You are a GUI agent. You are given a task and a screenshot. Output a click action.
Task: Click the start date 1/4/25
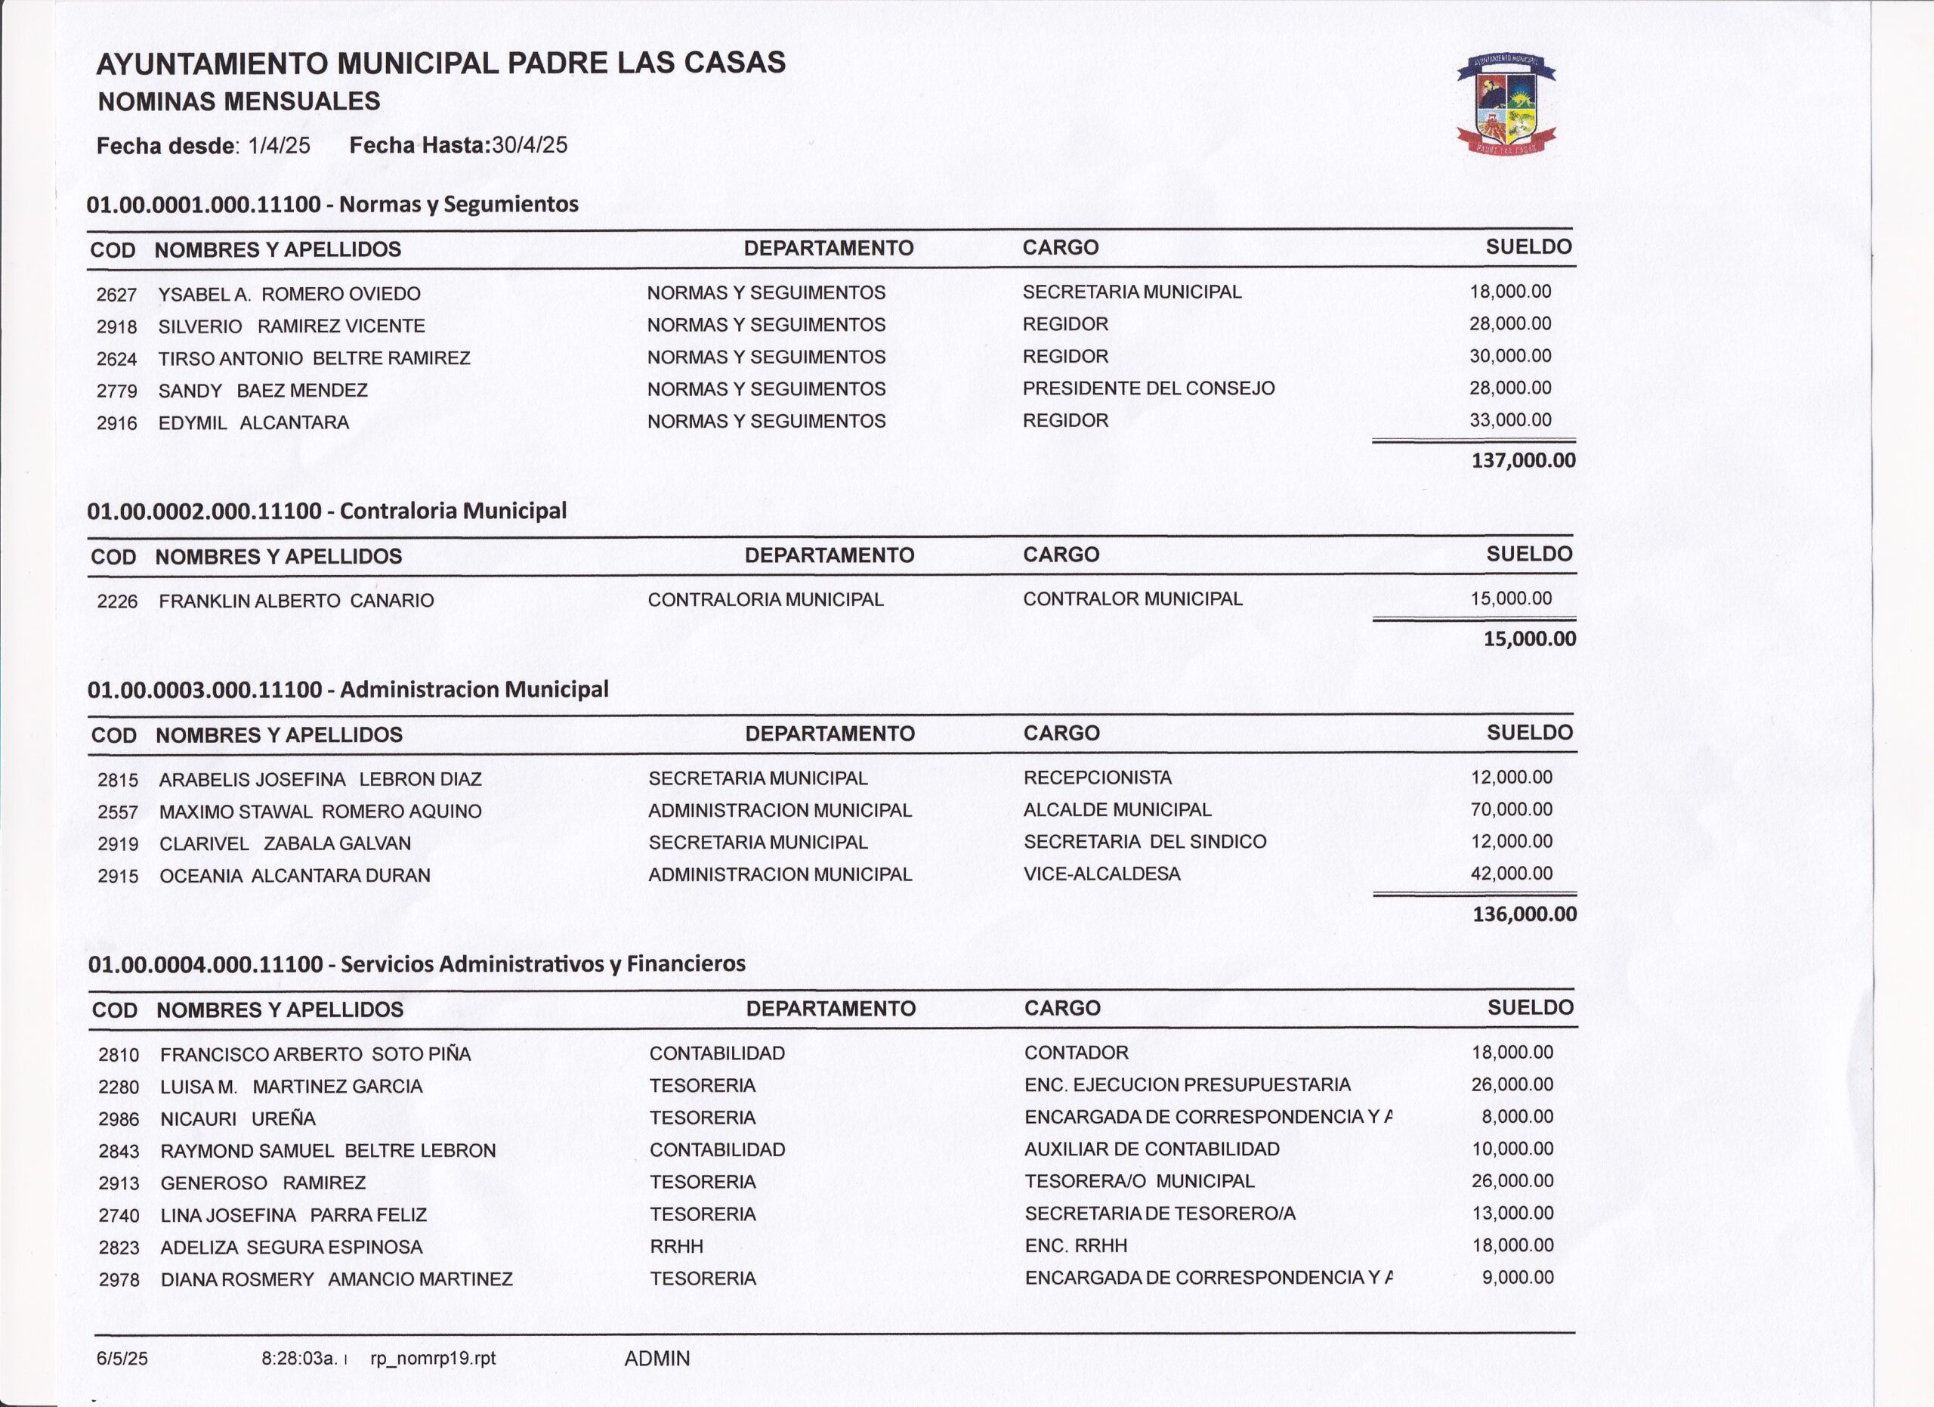(x=279, y=146)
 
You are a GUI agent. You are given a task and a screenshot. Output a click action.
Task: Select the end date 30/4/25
(x=530, y=145)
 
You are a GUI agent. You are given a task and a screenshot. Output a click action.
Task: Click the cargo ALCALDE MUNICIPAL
(x=1117, y=809)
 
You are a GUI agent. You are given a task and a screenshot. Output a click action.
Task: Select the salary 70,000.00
(x=1511, y=809)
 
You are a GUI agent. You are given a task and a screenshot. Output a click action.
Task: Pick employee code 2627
(x=117, y=295)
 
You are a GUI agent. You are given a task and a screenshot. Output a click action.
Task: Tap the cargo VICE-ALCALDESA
(x=1101, y=874)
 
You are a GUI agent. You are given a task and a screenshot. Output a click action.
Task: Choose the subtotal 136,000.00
(x=1524, y=915)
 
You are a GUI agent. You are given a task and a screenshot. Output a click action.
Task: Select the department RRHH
(x=676, y=1247)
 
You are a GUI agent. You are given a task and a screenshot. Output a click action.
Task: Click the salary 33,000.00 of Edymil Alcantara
(x=1510, y=420)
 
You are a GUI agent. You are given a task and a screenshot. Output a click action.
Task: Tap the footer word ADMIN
(x=657, y=1359)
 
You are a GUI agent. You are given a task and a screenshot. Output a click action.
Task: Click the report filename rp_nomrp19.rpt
(x=432, y=1359)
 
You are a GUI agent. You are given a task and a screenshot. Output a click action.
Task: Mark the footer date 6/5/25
(x=122, y=1359)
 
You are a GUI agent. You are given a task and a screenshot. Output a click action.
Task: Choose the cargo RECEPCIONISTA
(x=1098, y=778)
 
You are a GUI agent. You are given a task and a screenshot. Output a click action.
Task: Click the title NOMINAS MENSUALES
(x=239, y=102)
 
